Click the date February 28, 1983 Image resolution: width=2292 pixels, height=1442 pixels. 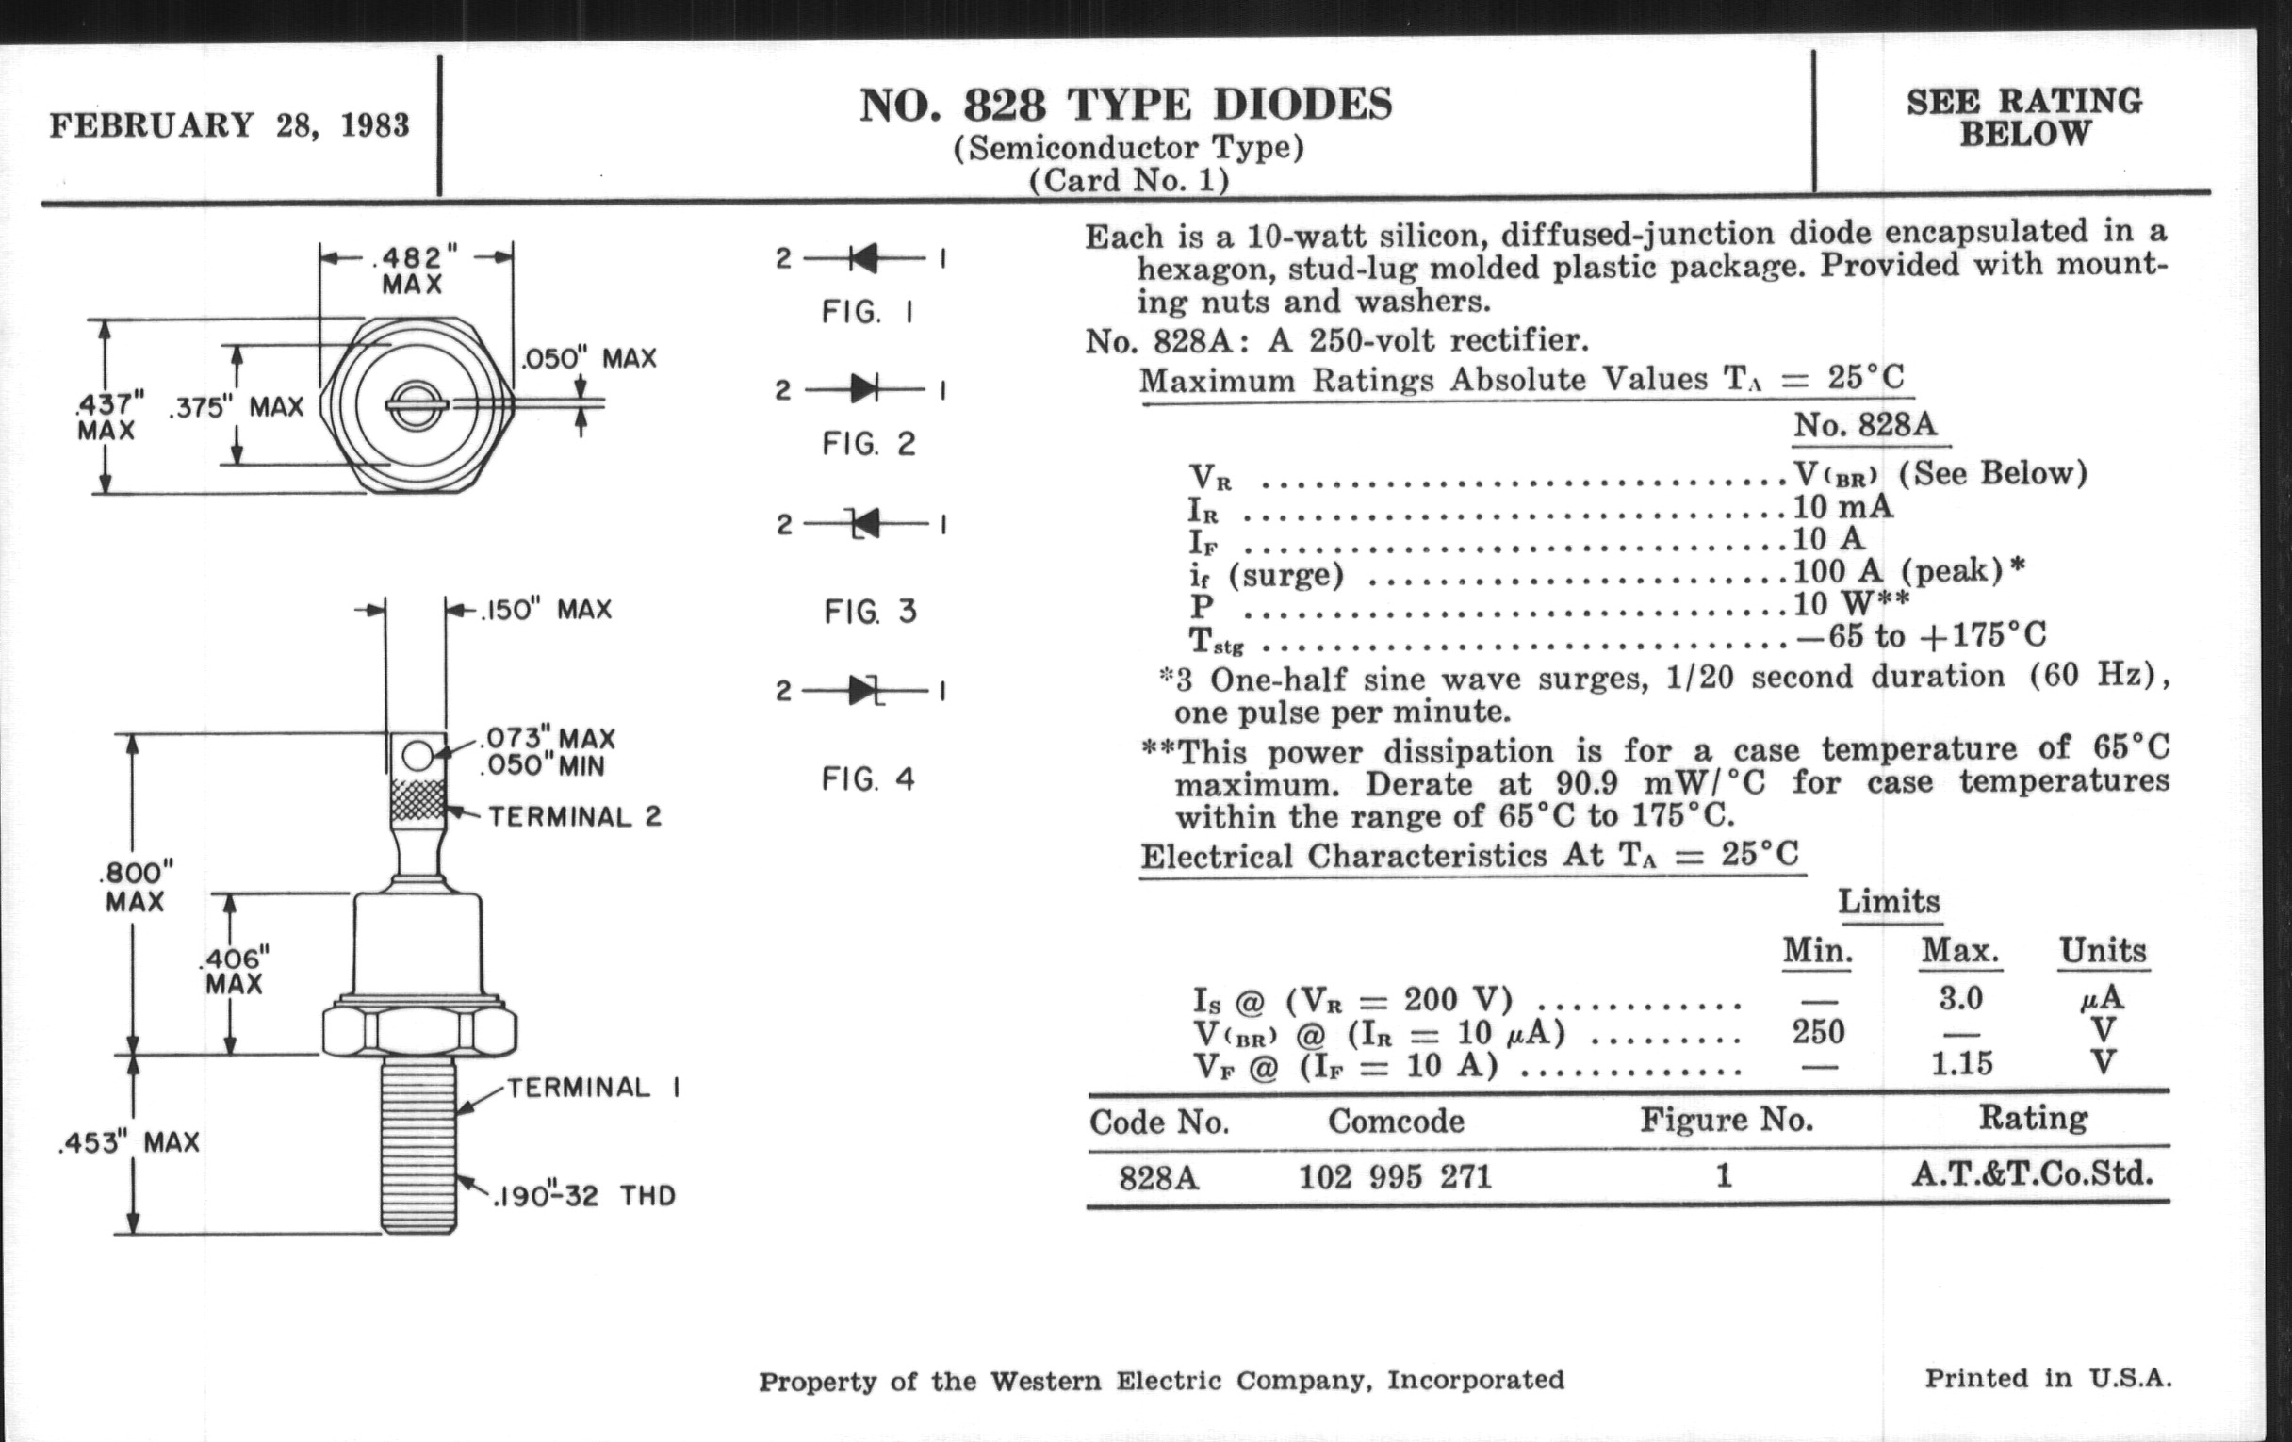229,125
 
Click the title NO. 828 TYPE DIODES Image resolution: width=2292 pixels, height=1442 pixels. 1125,105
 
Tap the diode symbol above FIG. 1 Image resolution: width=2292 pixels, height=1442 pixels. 863,258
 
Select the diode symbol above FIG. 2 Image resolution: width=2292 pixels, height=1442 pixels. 863,389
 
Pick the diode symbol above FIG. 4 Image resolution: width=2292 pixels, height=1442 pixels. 864,690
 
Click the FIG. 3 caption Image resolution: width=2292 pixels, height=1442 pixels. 870,611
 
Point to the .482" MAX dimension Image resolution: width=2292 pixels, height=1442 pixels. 413,270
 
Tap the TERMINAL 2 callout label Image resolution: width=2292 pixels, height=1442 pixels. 574,816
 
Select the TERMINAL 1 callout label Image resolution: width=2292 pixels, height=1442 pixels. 593,1088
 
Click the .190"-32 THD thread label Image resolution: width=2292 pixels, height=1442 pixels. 583,1195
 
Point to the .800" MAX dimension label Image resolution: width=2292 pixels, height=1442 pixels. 135,886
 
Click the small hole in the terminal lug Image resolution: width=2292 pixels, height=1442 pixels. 417,757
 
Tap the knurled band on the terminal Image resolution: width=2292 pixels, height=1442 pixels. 417,800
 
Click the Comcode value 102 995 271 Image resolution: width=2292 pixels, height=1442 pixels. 1395,1177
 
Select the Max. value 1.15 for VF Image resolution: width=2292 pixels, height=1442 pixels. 1961,1063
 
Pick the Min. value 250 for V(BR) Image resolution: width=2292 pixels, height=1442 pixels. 1818,1032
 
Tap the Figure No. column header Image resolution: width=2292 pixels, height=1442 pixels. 1726,1121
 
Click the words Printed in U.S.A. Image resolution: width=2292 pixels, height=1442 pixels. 2047,1378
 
